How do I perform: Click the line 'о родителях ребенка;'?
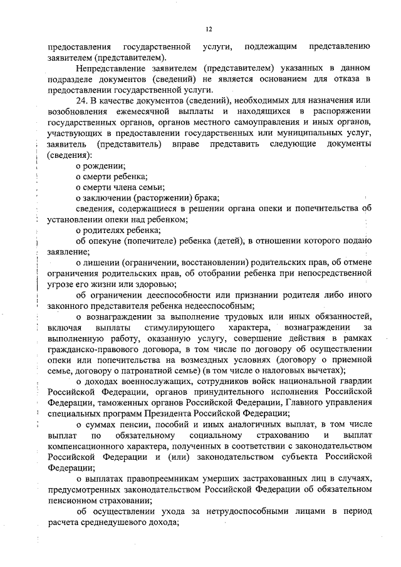[x=115, y=230]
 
